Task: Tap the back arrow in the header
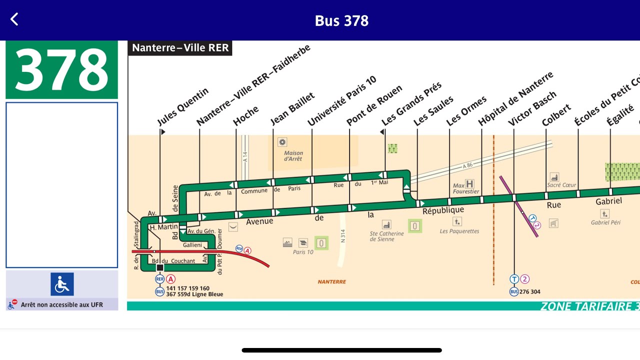click(x=14, y=19)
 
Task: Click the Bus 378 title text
click(x=341, y=20)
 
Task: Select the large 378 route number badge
click(x=61, y=69)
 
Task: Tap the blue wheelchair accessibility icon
click(x=62, y=284)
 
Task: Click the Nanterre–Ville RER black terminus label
click(x=180, y=48)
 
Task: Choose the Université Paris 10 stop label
click(x=341, y=101)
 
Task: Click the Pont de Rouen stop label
click(x=374, y=105)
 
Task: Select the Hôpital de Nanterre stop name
click(x=515, y=99)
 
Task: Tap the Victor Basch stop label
click(x=532, y=109)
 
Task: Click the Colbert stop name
click(x=556, y=115)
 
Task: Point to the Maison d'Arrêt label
click(x=293, y=156)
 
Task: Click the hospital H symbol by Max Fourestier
click(x=469, y=184)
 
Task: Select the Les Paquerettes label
click(x=459, y=231)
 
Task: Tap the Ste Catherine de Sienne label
click(x=386, y=236)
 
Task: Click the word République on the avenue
click(x=443, y=210)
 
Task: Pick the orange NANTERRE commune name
click(x=331, y=282)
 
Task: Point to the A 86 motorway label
click(x=467, y=165)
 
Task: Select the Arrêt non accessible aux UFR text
click(x=61, y=304)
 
